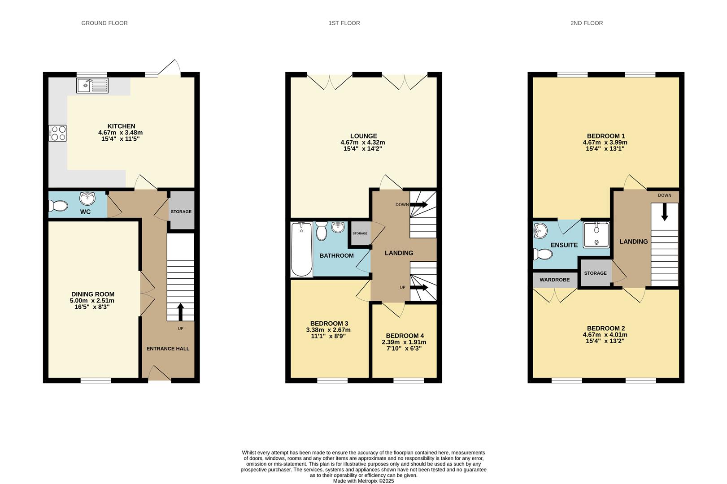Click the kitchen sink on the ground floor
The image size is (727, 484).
tap(92, 85)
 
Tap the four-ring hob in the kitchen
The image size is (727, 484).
tap(58, 133)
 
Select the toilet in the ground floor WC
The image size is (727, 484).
tap(58, 206)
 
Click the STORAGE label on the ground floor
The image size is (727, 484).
tap(181, 212)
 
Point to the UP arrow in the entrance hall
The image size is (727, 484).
tap(181, 312)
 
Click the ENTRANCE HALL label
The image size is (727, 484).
tap(168, 349)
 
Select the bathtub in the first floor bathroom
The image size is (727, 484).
tap(301, 250)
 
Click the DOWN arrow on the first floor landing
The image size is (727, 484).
tap(419, 205)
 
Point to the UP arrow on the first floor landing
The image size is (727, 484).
tap(419, 288)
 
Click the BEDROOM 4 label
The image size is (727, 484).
tap(405, 336)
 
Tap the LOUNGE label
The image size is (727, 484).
tap(363, 136)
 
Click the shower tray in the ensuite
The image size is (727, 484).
tap(596, 234)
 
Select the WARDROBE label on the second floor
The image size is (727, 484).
tap(554, 280)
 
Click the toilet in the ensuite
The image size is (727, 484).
tap(542, 255)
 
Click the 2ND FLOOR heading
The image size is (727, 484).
tap(586, 23)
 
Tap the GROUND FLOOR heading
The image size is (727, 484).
tap(104, 23)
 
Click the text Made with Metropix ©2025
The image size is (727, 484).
tap(363, 481)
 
